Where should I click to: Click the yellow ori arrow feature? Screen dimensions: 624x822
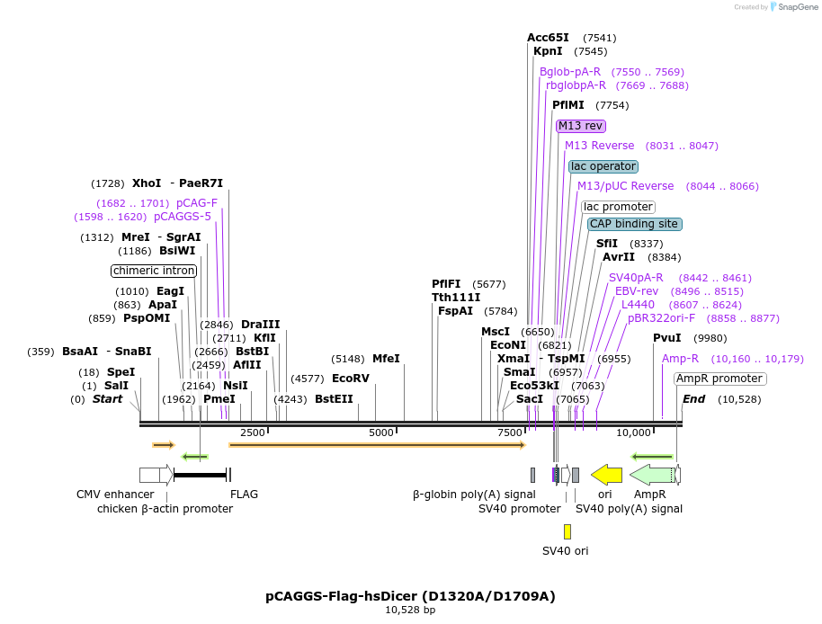[x=607, y=474]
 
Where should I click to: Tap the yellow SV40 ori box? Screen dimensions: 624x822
[x=567, y=531]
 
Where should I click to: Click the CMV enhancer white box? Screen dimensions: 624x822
[x=149, y=474]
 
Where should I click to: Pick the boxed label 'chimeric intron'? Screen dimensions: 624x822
[x=154, y=271]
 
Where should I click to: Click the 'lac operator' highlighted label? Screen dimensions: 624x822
[x=603, y=166]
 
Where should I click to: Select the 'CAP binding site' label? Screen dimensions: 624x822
[x=635, y=224]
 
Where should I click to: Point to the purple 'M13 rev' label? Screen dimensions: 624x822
[x=580, y=126]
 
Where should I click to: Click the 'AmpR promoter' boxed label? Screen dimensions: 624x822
[x=719, y=379]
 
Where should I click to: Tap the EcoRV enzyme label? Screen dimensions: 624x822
[x=351, y=379]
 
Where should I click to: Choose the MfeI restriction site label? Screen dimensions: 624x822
[x=386, y=358]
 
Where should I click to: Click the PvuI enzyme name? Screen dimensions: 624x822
[x=666, y=338]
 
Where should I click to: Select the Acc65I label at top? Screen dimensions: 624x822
[x=548, y=38]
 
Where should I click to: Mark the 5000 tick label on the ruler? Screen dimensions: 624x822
[x=381, y=432]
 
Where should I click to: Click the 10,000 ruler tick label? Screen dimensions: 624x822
[x=633, y=432]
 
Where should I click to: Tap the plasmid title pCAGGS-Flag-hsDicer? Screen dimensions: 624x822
[x=410, y=595]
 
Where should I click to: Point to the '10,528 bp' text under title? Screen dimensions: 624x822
[x=410, y=610]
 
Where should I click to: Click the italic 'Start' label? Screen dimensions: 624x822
[x=107, y=398]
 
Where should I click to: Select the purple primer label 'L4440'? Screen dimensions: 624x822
[x=638, y=305]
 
